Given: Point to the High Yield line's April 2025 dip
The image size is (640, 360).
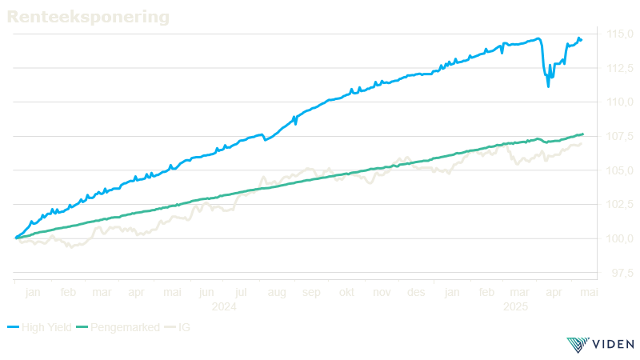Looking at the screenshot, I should [548, 84].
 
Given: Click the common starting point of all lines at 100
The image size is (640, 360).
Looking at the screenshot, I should [15, 238].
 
